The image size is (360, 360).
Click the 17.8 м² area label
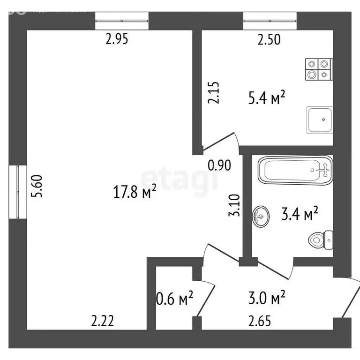[135, 192]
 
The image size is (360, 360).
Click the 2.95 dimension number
[117, 40]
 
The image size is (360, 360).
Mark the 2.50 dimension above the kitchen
[269, 40]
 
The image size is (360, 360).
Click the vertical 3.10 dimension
[236, 205]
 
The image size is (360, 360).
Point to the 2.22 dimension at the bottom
[102, 321]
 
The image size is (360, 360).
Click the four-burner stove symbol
[318, 69]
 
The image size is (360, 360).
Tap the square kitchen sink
[320, 120]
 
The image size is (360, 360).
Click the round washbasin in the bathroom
[261, 216]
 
